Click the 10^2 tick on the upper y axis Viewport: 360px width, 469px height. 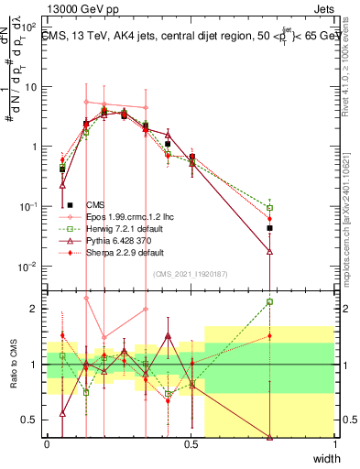[32, 27]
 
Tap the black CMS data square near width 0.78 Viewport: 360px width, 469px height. [270, 228]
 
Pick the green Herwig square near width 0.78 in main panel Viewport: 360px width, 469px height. [270, 207]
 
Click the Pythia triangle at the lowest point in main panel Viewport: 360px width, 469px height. [270, 251]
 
